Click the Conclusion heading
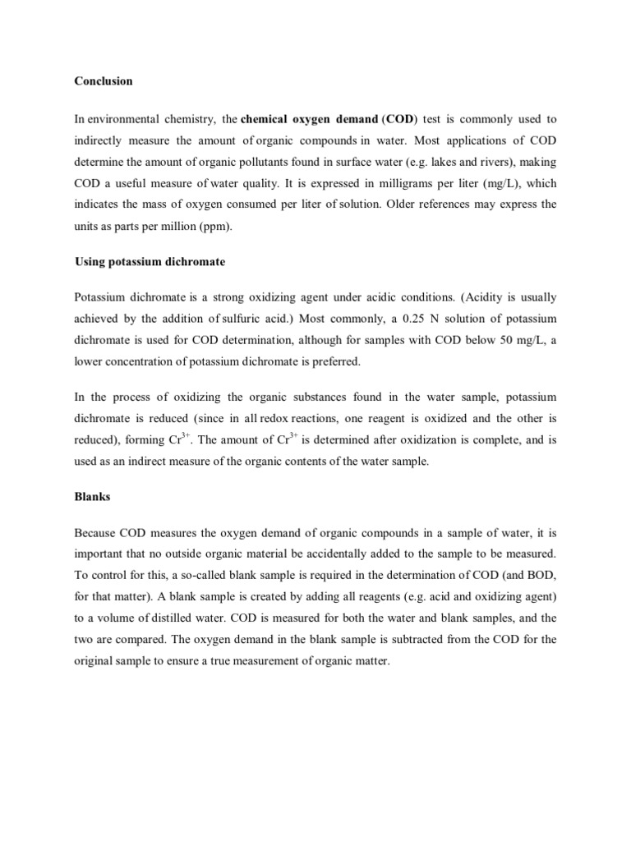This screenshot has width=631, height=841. coord(104,81)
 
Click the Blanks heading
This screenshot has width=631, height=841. coord(92,497)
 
